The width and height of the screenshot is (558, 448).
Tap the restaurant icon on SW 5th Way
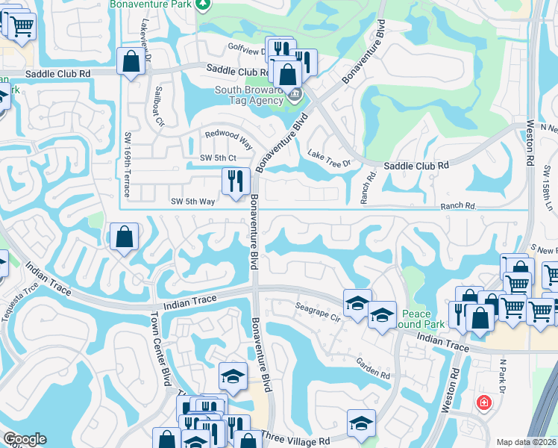pyautogui.click(x=233, y=181)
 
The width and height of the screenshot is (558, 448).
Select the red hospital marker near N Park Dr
pyautogui.click(x=484, y=402)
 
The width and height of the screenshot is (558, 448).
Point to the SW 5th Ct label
pyautogui.click(x=218, y=158)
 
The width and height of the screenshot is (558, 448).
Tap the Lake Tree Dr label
pyautogui.click(x=328, y=158)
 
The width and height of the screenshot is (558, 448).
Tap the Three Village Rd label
pyautogui.click(x=301, y=442)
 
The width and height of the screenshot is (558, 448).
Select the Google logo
pyautogui.click(x=25, y=439)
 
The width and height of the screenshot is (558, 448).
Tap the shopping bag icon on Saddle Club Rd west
pyautogui.click(x=131, y=63)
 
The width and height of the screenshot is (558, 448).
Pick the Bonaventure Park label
pyautogui.click(x=151, y=4)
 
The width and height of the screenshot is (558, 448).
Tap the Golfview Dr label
pyautogui.click(x=246, y=51)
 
